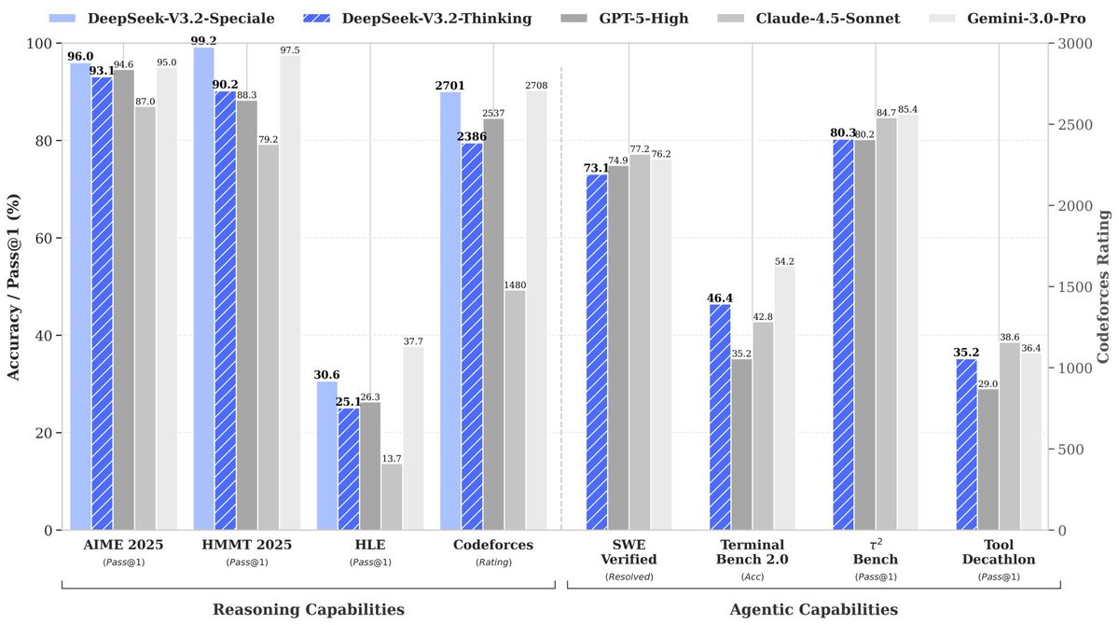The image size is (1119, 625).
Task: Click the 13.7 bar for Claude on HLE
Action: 392,497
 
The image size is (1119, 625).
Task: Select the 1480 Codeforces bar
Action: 515,410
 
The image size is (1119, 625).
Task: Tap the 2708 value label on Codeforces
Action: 536,85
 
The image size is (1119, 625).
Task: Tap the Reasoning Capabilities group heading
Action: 309,609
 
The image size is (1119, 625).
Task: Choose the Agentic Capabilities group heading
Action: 813,609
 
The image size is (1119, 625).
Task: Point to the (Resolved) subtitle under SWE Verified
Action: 629,576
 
